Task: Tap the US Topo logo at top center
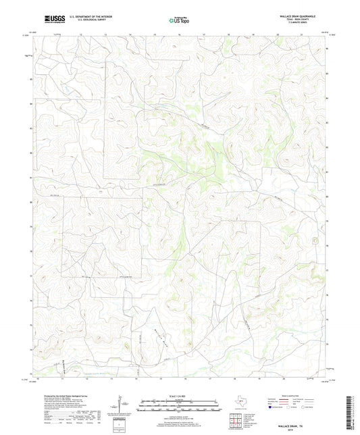[177, 20]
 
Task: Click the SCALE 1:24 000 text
[180, 396]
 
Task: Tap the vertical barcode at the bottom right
[349, 412]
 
